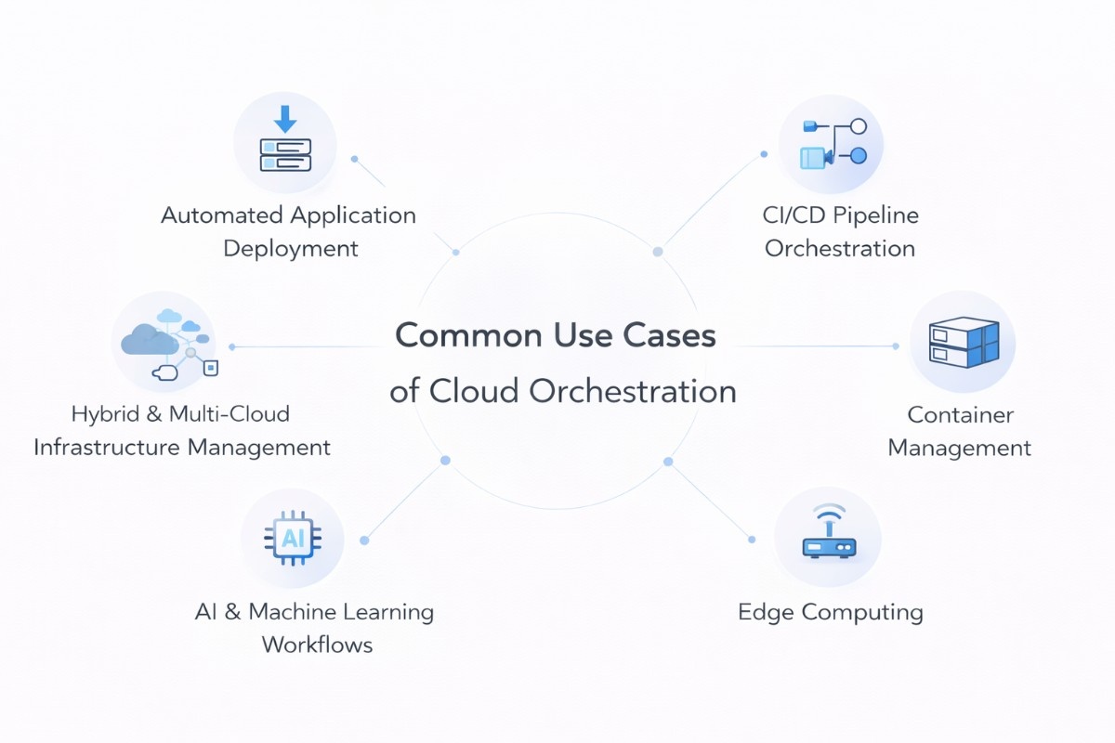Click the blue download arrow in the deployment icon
tap(285, 119)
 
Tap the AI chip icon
tap(293, 538)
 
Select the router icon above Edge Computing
tap(828, 548)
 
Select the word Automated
tap(222, 215)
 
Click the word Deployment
tap(291, 249)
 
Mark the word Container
tap(961, 415)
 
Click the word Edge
tap(766, 612)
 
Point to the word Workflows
tap(317, 645)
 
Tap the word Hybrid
tap(105, 414)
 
